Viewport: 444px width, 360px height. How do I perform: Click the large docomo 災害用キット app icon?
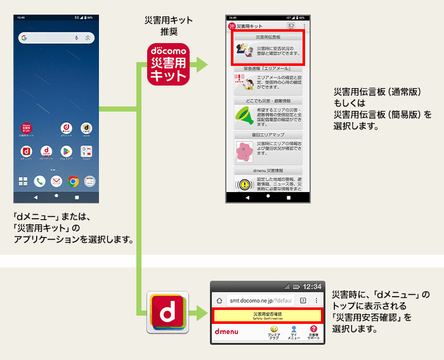pos(169,63)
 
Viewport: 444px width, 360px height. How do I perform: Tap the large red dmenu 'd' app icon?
pos(168,312)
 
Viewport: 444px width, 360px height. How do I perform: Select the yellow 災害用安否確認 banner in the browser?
pos(267,315)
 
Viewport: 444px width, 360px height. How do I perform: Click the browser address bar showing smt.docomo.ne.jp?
pos(261,300)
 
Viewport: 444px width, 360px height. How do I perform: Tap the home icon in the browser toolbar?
pos(219,300)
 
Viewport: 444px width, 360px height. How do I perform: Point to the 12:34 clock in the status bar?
pos(311,286)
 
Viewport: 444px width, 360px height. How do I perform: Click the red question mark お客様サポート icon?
pos(313,330)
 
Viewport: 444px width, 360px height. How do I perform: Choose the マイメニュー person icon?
pos(294,330)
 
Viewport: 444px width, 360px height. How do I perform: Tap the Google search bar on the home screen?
pos(56,39)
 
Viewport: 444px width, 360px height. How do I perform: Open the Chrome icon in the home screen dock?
pos(73,181)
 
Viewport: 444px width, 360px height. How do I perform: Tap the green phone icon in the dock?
pos(39,181)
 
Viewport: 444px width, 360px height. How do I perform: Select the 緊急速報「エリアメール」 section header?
pos(267,68)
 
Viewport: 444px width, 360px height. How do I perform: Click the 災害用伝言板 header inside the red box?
pos(267,37)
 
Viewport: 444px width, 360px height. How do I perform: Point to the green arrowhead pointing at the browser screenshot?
pos(202,312)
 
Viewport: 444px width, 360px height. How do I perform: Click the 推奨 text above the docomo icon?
pos(169,32)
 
